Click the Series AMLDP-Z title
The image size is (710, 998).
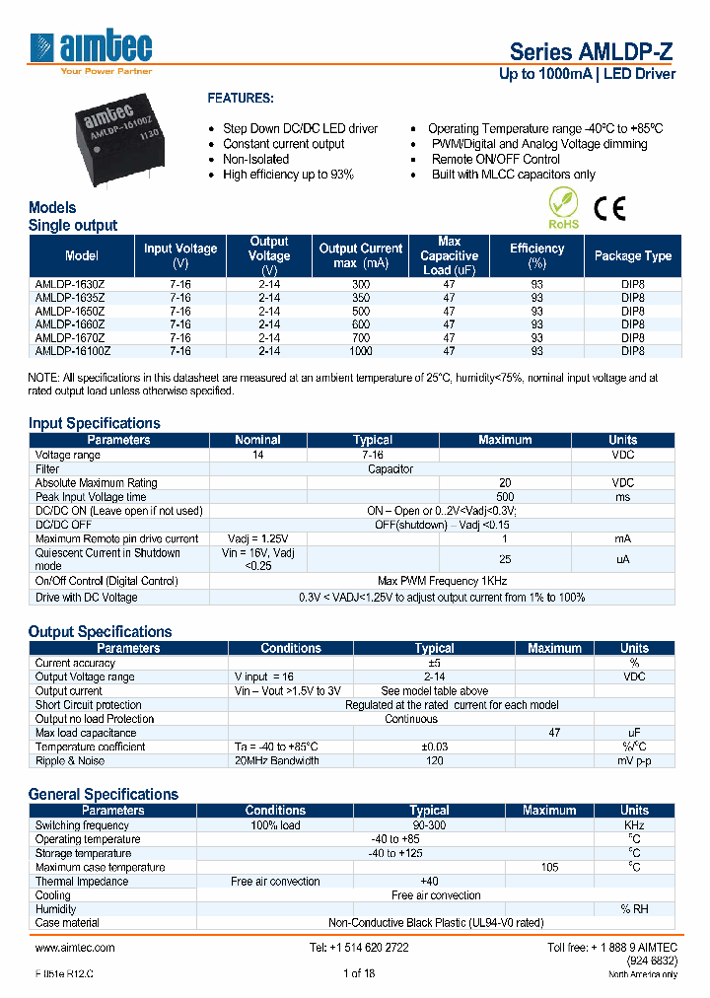(592, 52)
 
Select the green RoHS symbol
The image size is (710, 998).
(563, 210)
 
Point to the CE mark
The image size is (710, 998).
(608, 209)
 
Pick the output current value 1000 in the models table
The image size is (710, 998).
(361, 350)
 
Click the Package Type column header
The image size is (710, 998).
(632, 255)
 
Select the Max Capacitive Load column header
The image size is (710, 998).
(449, 255)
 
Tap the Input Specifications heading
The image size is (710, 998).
(94, 423)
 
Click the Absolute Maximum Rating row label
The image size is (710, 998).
(96, 483)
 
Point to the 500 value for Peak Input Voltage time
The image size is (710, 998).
(505, 497)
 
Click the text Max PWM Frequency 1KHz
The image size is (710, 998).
(442, 582)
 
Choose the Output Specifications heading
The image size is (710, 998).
(100, 631)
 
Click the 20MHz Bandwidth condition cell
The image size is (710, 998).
(277, 760)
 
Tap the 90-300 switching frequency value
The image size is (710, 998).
(429, 825)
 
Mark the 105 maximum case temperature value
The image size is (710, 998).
(549, 868)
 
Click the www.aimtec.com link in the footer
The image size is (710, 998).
(75, 947)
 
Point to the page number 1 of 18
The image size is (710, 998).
(359, 973)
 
